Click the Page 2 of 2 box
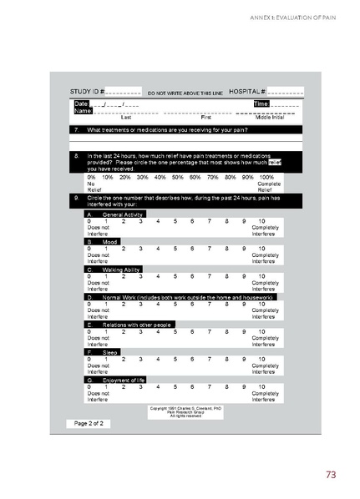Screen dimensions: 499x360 (x=89, y=424)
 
